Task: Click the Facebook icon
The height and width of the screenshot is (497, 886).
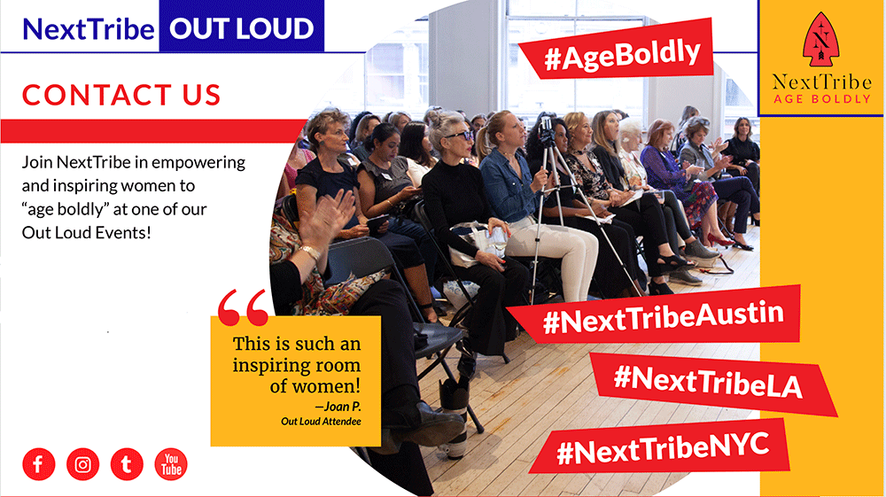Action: point(38,464)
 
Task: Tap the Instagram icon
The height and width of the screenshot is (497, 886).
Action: point(82,464)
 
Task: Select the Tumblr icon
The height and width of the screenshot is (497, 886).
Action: point(127,464)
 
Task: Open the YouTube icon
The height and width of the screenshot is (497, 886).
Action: point(171,464)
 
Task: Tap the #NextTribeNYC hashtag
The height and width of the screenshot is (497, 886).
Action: point(661,447)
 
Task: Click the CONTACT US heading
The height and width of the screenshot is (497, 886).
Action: point(121,95)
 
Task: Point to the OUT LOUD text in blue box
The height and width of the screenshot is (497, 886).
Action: point(241,28)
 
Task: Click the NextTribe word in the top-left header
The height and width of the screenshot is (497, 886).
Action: point(88,29)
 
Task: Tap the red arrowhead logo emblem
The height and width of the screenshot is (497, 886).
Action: point(821,40)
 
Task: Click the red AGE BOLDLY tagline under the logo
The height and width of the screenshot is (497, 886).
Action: point(822,99)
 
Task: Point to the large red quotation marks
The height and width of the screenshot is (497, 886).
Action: point(243,307)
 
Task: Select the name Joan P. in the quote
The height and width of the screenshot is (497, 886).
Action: point(338,406)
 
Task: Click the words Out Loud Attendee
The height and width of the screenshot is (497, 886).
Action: point(321,422)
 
